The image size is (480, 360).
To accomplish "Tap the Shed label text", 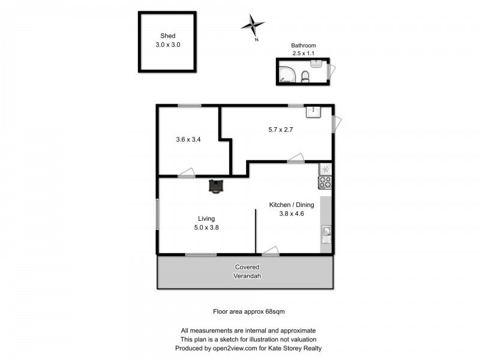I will point(167,35).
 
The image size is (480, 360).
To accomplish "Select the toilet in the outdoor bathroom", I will point(305,75).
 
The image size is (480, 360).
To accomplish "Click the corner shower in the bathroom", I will point(286,73).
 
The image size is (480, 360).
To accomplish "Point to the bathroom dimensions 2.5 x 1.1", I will point(303,53).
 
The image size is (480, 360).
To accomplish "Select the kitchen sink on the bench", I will point(326,233).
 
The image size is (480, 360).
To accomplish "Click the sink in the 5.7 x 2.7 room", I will point(314,112).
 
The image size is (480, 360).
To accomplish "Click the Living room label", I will point(206,218).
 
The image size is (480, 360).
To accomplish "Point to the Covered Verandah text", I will point(247,272).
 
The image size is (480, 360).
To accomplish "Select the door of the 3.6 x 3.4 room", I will point(187,173).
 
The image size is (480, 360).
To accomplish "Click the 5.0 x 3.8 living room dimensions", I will point(206,227).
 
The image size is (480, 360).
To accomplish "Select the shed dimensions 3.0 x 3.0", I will point(167,44).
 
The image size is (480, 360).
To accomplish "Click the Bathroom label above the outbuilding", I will point(303,45).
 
